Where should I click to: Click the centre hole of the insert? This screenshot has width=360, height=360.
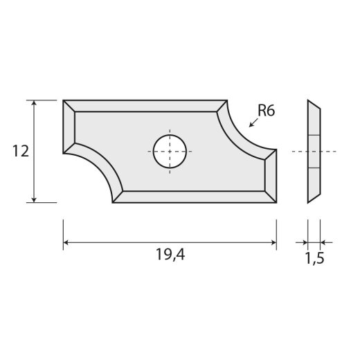coord(170,150)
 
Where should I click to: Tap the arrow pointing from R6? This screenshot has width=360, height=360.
coord(251,125)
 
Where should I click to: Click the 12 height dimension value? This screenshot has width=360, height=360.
coord(20,151)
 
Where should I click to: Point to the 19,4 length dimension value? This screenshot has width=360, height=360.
coord(170,255)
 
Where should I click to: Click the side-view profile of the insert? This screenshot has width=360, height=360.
coord(314,151)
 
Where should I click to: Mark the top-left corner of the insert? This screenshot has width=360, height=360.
coord(64,101)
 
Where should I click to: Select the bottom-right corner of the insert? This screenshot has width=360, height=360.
coord(276,201)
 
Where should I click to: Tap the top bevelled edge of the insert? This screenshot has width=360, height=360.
coord(145,105)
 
